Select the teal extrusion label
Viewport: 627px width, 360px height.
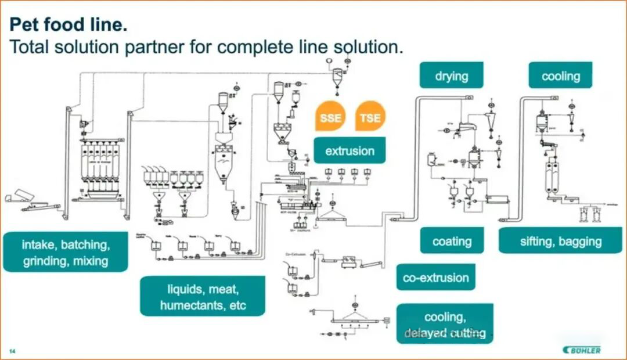349,151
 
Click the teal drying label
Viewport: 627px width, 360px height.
451,75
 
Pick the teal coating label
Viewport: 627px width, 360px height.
452,241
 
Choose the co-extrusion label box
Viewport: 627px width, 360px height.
435,278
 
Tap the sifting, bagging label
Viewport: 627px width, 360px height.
560,241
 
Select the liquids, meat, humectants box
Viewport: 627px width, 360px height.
203,296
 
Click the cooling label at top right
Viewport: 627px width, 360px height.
560,75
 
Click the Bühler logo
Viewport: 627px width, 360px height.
582,350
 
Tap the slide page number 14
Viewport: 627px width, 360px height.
12,351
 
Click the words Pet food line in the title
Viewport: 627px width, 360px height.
69,26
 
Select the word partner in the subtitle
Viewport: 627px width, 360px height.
157,46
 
